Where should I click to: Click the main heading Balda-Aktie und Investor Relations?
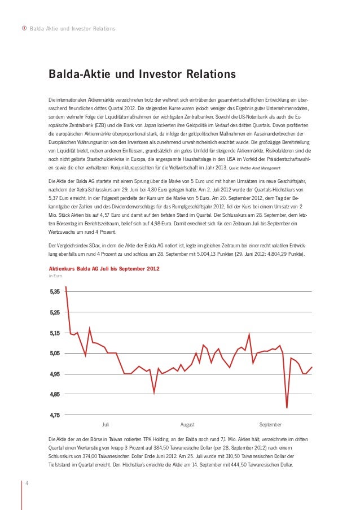pos(142,75)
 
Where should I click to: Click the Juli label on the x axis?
pos(106,424)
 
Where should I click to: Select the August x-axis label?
pos(187,424)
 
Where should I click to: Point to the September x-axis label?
pos(270,424)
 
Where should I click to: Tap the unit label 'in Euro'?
pos(55,276)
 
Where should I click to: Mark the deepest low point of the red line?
pos(287,408)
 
